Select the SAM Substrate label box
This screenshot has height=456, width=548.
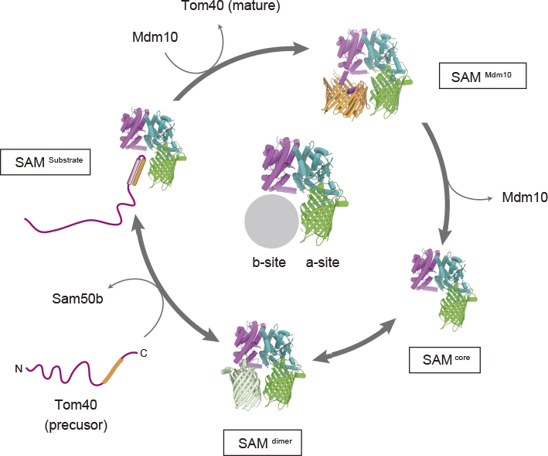click(47, 162)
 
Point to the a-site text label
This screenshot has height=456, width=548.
click(322, 262)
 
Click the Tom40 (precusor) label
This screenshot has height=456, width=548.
click(78, 414)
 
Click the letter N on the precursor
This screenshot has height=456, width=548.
click(18, 369)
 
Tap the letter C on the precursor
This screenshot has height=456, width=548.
click(143, 354)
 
